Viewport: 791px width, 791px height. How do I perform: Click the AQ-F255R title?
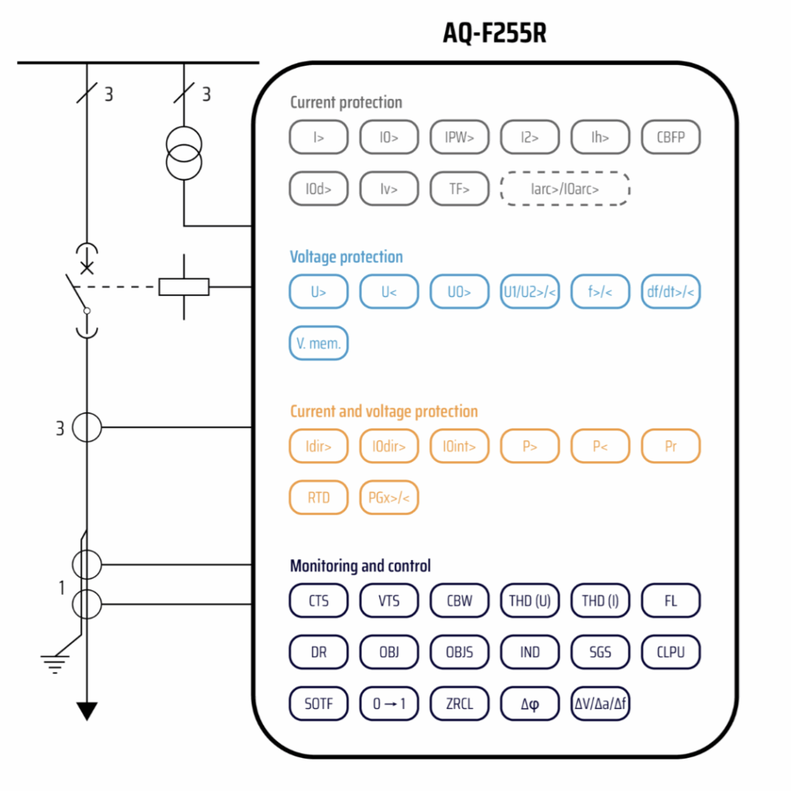coord(494,33)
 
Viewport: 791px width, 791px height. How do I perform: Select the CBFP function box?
coord(670,137)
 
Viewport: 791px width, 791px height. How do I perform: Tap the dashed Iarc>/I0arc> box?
coord(565,188)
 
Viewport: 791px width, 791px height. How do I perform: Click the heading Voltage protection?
coord(346,257)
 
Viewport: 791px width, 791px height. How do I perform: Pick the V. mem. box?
coord(318,343)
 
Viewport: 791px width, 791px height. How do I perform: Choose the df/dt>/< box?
coord(670,292)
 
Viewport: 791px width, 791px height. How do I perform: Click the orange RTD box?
coord(318,497)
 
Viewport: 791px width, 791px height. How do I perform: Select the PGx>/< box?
coord(389,497)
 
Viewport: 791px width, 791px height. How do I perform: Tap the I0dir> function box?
coord(389,446)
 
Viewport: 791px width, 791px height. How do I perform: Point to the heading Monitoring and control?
coord(360,566)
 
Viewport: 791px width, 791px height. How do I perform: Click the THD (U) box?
coord(530,601)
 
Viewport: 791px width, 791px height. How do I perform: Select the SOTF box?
coord(318,704)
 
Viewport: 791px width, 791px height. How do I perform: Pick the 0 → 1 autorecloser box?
coord(389,704)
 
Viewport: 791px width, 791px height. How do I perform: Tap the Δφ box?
coord(530,704)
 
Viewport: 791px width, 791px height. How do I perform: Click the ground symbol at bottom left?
coord(55,663)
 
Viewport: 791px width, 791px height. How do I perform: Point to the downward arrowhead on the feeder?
coord(87,710)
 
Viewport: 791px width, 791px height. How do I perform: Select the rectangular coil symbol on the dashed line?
coord(184,287)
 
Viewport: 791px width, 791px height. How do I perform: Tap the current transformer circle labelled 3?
coord(87,426)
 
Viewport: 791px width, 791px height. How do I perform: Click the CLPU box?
coord(670,652)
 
